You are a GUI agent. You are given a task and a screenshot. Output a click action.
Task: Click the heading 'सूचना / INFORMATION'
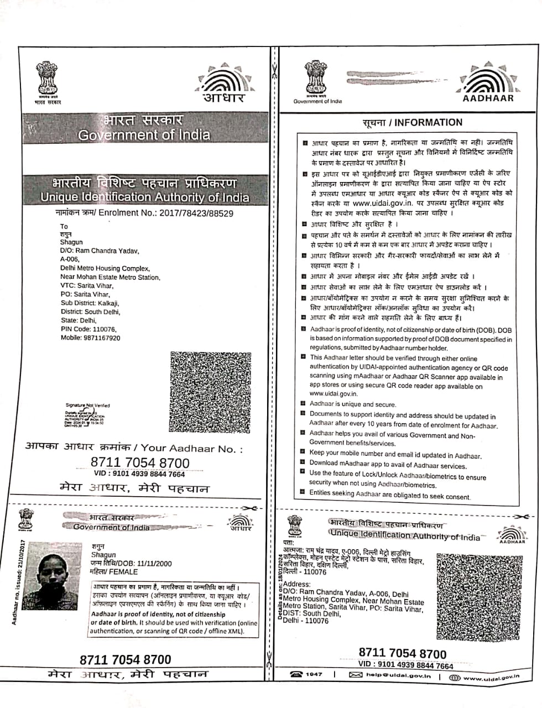coord(413,123)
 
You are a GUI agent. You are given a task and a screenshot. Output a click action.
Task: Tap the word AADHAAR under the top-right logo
coord(488,98)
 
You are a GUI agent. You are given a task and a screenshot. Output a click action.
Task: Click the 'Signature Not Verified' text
coord(87,405)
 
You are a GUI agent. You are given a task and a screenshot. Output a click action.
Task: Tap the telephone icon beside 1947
coord(297,674)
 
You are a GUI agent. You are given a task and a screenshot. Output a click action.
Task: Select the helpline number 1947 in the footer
coord(314,674)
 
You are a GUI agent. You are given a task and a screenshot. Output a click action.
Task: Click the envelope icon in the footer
coord(356,675)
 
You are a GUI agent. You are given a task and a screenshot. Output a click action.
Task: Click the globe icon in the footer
coord(455,677)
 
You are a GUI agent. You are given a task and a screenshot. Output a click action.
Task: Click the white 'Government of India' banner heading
coord(144,135)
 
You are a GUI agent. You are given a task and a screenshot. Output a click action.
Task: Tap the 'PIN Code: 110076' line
coord(88,329)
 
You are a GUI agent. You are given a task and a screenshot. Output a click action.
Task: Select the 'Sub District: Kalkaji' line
coord(90,303)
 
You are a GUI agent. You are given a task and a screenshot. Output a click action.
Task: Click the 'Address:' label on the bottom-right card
coord(297,584)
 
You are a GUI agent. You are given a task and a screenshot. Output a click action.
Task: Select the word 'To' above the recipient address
coord(64,226)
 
